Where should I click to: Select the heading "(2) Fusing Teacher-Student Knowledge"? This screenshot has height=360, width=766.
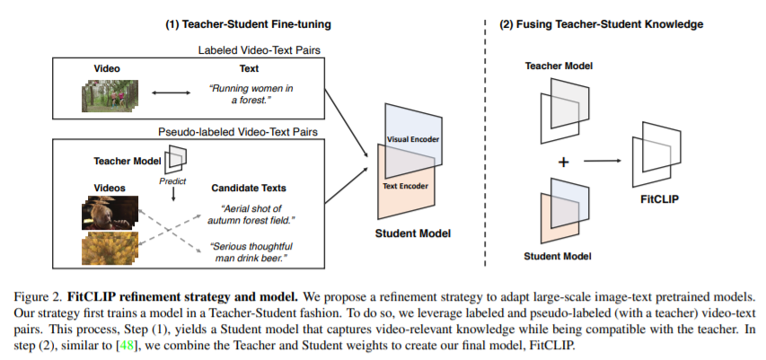click(600, 24)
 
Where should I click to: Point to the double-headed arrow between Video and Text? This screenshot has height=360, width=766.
click(172, 92)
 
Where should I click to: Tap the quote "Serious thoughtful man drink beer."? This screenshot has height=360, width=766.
click(259, 251)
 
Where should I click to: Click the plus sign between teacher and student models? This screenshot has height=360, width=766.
click(563, 162)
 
